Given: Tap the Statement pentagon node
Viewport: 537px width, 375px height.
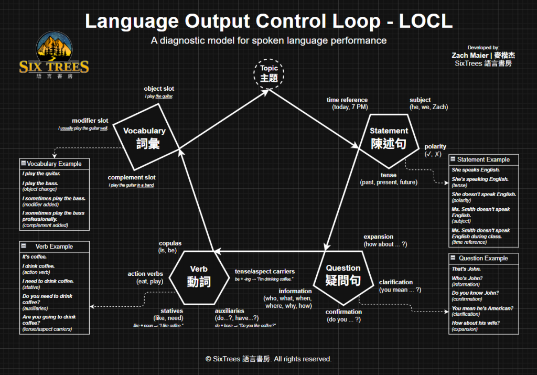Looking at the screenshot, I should (389, 137).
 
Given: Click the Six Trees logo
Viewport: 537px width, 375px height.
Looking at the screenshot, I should (54, 56).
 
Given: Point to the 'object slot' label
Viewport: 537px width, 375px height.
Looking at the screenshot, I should (159, 89).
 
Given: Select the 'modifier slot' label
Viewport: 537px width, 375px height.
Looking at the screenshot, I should (90, 121).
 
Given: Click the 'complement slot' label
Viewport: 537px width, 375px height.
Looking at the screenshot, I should (132, 178).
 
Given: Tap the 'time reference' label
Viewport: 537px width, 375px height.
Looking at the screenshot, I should (347, 100).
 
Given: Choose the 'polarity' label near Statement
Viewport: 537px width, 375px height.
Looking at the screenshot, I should (435, 147).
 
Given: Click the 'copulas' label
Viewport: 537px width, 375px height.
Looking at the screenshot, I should (170, 243).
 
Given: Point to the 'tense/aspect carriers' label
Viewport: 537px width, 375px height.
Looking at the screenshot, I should (265, 272).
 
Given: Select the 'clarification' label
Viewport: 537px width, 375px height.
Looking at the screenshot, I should (396, 282).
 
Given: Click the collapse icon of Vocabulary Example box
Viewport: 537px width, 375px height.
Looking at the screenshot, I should (23, 164).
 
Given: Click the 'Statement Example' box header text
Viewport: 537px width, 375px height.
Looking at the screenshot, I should (484, 159).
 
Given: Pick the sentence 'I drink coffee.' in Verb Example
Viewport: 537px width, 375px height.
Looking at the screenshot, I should (39, 266).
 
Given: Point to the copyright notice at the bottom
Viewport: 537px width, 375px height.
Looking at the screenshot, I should (268, 359).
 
